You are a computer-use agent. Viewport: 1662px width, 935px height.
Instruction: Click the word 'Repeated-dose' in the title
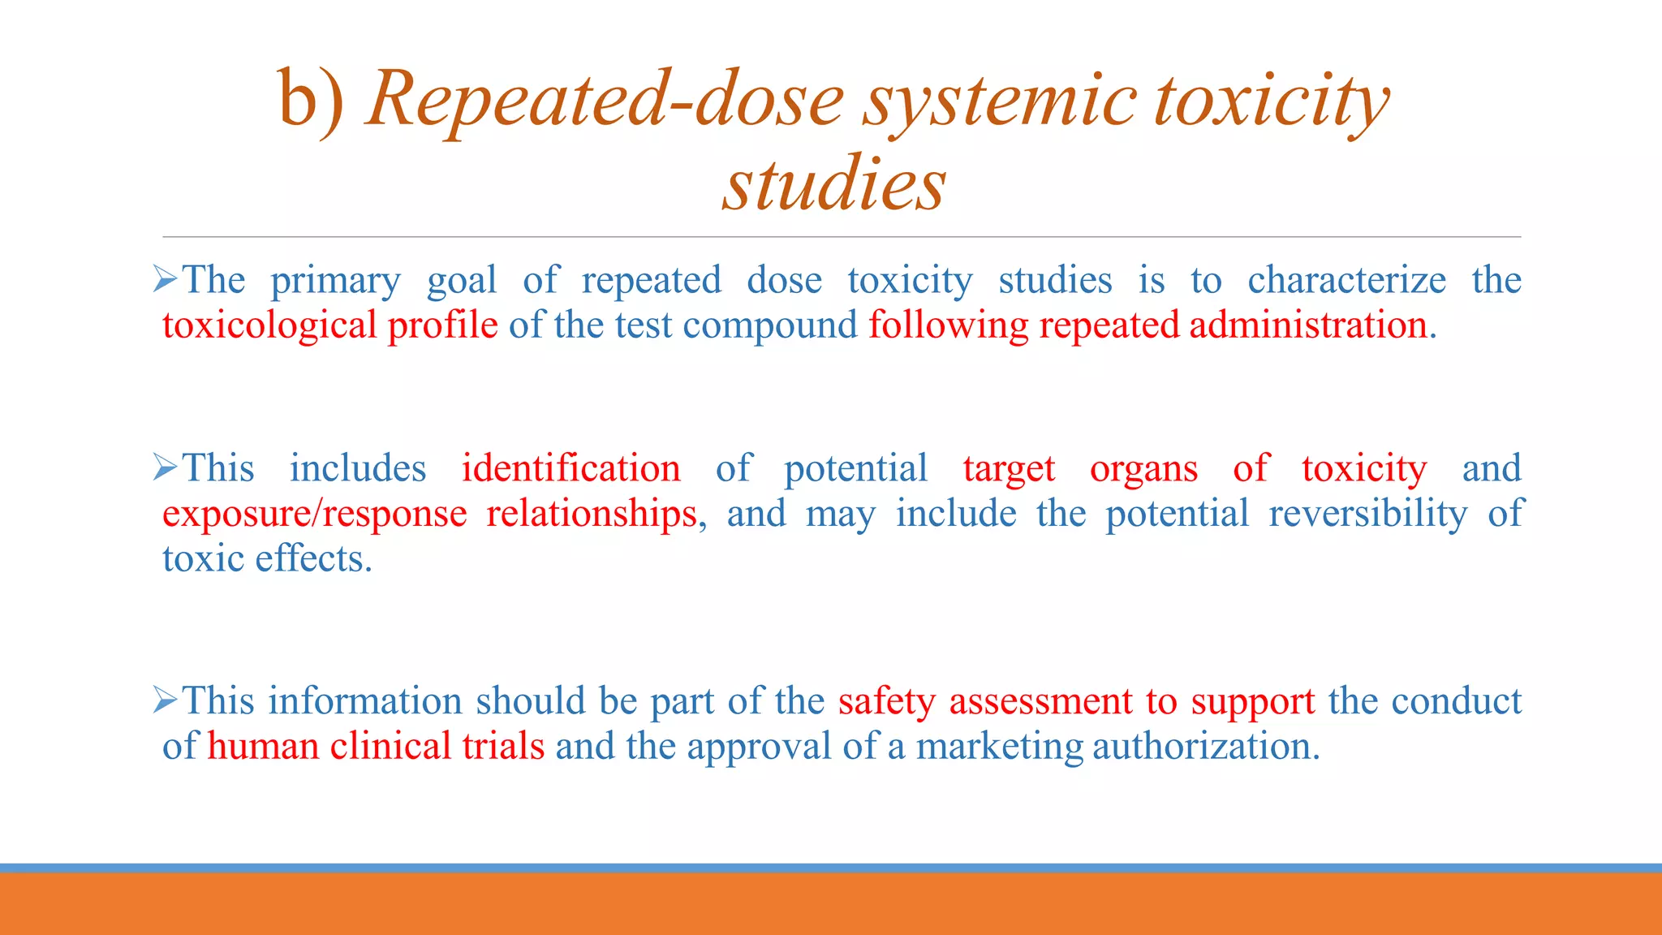click(605, 101)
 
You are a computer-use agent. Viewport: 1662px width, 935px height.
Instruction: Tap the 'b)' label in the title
click(312, 101)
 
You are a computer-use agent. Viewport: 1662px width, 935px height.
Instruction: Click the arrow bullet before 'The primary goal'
click(165, 281)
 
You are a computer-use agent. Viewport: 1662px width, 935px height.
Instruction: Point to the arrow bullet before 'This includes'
click(165, 468)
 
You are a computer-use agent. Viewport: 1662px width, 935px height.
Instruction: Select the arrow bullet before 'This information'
click(165, 700)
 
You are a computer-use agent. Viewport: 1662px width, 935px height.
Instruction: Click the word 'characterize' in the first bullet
click(1346, 281)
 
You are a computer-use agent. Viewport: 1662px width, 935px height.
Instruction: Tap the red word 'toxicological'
click(269, 325)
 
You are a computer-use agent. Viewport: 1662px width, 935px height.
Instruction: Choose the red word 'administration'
click(1308, 325)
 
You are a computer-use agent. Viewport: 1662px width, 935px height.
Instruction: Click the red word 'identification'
click(571, 469)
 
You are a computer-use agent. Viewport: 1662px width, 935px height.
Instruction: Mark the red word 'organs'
click(1143, 469)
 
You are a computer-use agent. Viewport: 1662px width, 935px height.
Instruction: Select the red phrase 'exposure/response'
click(314, 515)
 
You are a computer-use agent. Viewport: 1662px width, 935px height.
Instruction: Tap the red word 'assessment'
click(1040, 701)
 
